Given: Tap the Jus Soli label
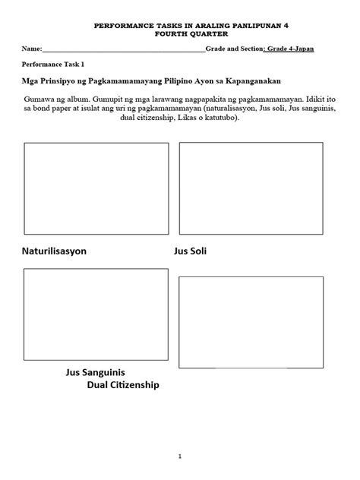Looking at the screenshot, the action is pyautogui.click(x=190, y=251).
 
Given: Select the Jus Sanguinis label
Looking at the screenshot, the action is pyautogui.click(x=96, y=373).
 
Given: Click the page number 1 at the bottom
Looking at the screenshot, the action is pyautogui.click(x=180, y=435).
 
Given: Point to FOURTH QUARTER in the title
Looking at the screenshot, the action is pyautogui.click(x=180, y=33).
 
